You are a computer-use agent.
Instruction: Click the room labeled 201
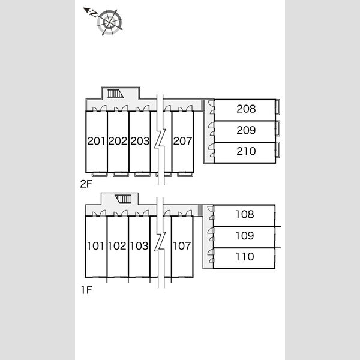point(97,141)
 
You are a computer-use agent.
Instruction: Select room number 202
point(118,141)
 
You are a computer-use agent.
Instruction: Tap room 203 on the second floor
point(140,141)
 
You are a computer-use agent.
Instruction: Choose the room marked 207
point(183,141)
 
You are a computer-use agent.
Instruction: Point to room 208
point(245,110)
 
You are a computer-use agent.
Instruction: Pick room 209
point(245,131)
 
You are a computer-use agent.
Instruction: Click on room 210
point(245,152)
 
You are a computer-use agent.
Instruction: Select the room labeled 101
point(96,247)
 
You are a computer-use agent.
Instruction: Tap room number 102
point(118,247)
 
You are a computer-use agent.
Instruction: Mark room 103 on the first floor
point(139,247)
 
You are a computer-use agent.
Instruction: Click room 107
point(182,247)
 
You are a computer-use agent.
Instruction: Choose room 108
point(244,215)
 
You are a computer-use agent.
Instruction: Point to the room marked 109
point(244,237)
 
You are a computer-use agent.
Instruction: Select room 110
point(244,258)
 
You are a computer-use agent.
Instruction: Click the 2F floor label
point(86,184)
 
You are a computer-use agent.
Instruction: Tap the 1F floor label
point(86,290)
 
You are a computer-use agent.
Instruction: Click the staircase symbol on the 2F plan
point(115,94)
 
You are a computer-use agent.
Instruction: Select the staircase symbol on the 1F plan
point(123,199)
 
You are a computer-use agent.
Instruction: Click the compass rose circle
point(110,22)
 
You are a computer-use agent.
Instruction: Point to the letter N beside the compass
point(94,14)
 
